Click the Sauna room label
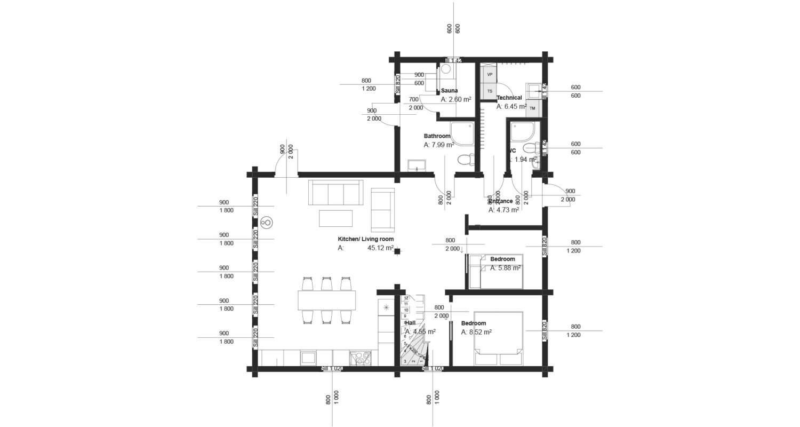pyautogui.click(x=449, y=91)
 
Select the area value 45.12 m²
pyautogui.click(x=380, y=248)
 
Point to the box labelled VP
pyautogui.click(x=489, y=74)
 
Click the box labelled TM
pyautogui.click(x=532, y=108)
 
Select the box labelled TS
pyautogui.click(x=489, y=91)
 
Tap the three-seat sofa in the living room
pyautogui.click(x=335, y=192)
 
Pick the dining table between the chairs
pyautogui.click(x=326, y=300)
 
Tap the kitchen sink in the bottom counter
pyautogui.click(x=308, y=357)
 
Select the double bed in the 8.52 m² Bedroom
pyautogui.click(x=499, y=333)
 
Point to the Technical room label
pyautogui.click(x=509, y=98)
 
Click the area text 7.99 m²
pyautogui.click(x=439, y=145)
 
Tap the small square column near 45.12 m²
pyautogui.click(x=397, y=252)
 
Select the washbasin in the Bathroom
pyautogui.click(x=416, y=165)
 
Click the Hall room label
pyautogui.click(x=410, y=323)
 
